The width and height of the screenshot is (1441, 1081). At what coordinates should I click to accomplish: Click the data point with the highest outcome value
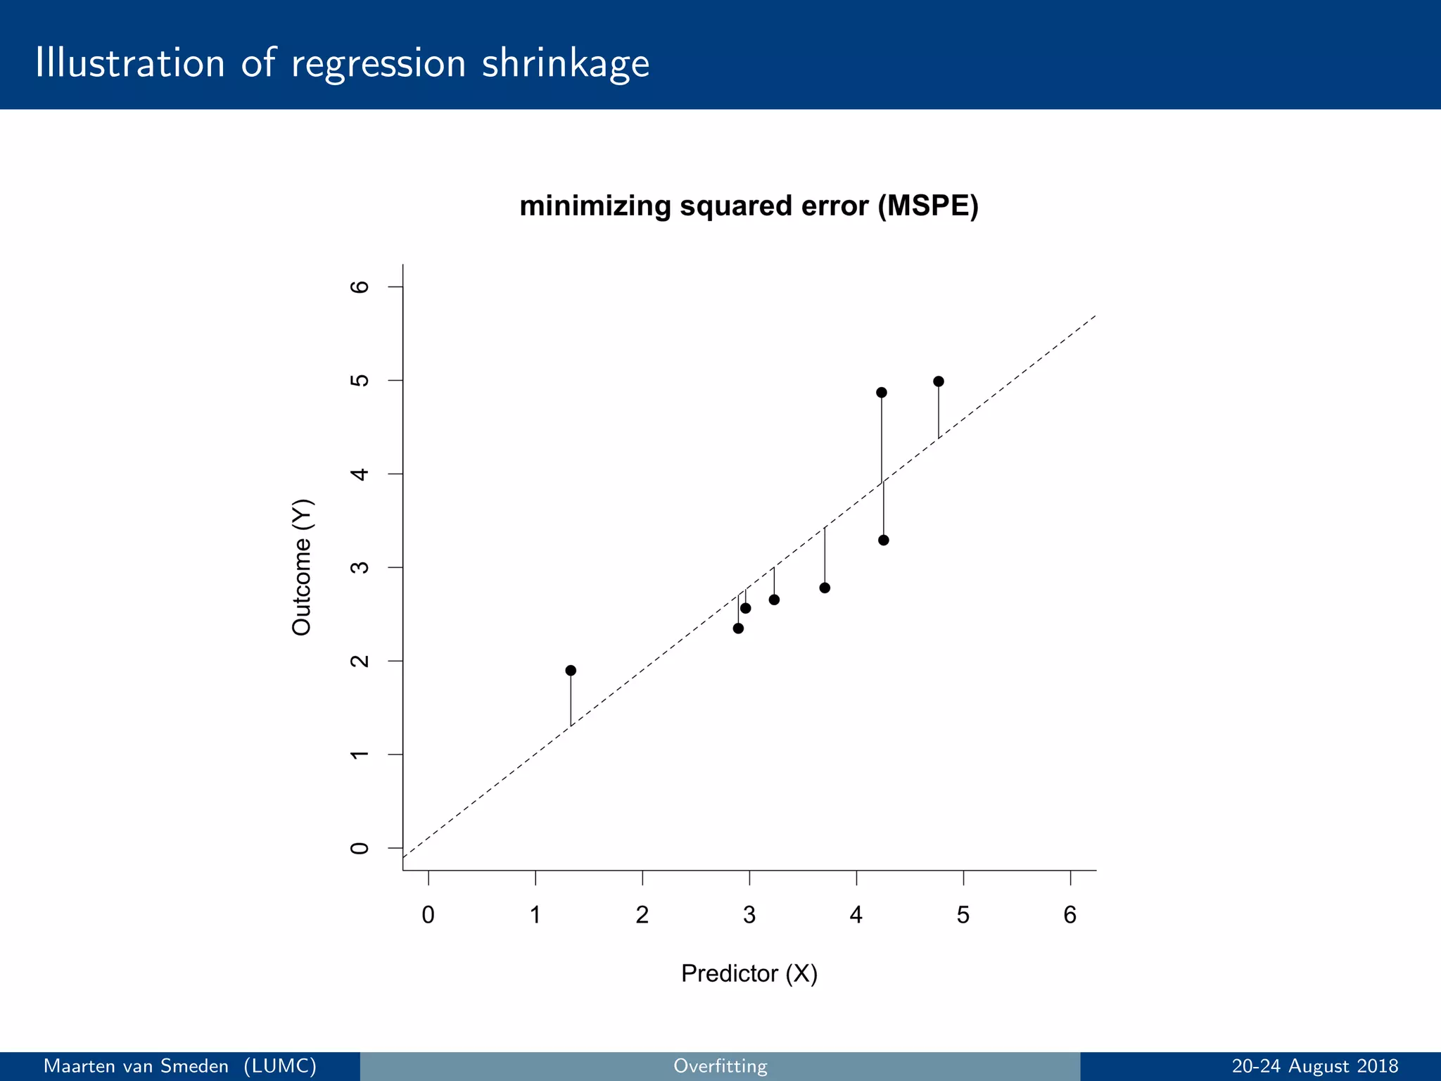938,381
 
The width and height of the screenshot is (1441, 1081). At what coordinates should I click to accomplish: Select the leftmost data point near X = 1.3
571,670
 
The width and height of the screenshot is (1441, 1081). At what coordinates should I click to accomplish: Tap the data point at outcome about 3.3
884,540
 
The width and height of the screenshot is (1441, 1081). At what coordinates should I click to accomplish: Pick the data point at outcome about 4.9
882,393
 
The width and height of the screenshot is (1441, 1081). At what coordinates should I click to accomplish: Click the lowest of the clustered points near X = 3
738,628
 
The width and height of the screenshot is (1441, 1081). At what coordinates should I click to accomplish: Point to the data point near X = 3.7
825,588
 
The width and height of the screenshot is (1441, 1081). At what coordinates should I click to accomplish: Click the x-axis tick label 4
856,915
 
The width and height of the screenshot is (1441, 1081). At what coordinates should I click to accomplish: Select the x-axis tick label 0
428,915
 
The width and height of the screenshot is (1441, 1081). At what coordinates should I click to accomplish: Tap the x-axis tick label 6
1070,915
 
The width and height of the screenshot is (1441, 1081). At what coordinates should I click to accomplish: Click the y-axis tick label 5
360,380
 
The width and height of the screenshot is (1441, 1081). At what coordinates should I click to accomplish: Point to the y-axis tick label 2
360,661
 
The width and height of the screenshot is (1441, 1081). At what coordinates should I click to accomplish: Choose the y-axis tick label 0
360,848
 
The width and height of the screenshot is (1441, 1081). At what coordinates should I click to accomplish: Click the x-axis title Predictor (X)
749,973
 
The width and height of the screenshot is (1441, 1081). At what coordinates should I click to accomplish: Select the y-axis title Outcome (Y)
302,567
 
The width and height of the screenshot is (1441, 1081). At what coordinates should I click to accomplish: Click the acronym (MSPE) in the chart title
928,206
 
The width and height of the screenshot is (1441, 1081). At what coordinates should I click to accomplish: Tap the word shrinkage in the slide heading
566,63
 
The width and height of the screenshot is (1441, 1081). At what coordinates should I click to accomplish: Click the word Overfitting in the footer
720,1066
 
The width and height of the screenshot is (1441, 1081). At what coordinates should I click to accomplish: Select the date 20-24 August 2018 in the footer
1314,1066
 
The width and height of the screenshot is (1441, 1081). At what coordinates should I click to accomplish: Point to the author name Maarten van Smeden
137,1066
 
